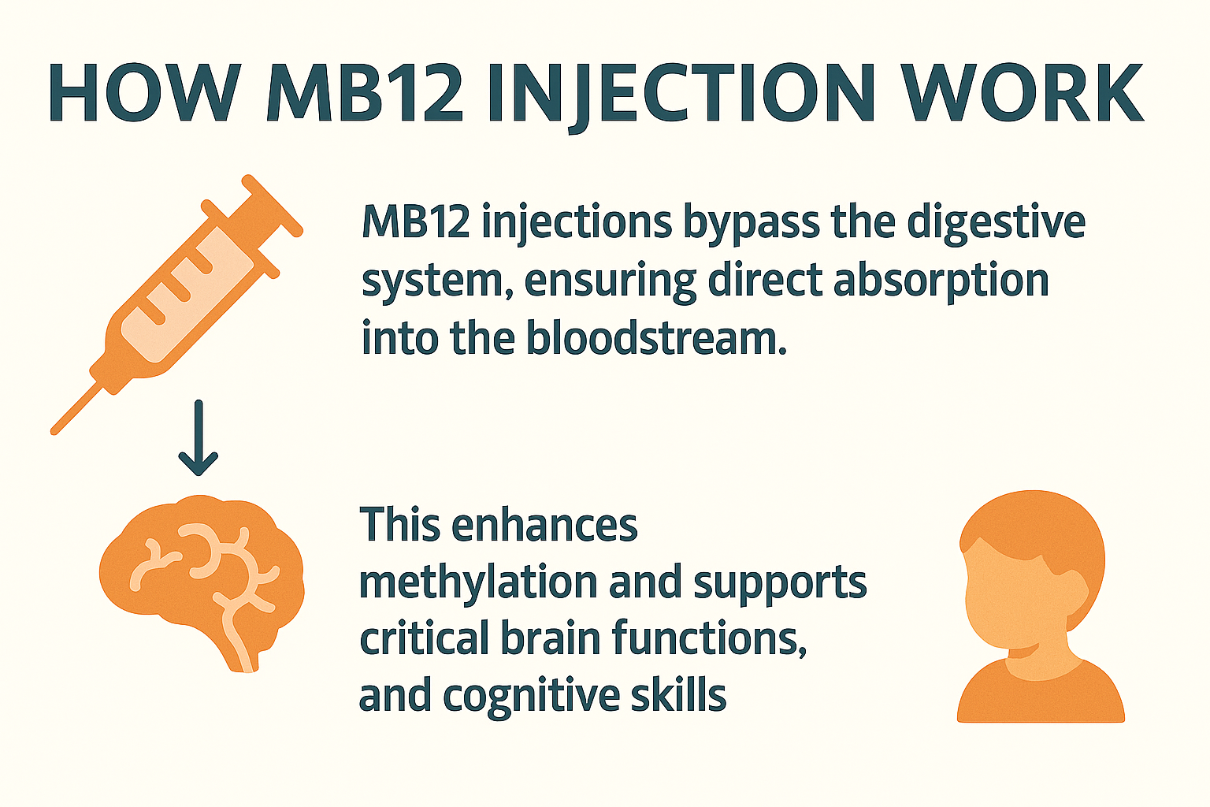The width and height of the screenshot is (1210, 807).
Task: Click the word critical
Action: pos(425,638)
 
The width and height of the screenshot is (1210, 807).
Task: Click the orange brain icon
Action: pos(197,567)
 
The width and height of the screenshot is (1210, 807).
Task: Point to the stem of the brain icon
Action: pos(240,650)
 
